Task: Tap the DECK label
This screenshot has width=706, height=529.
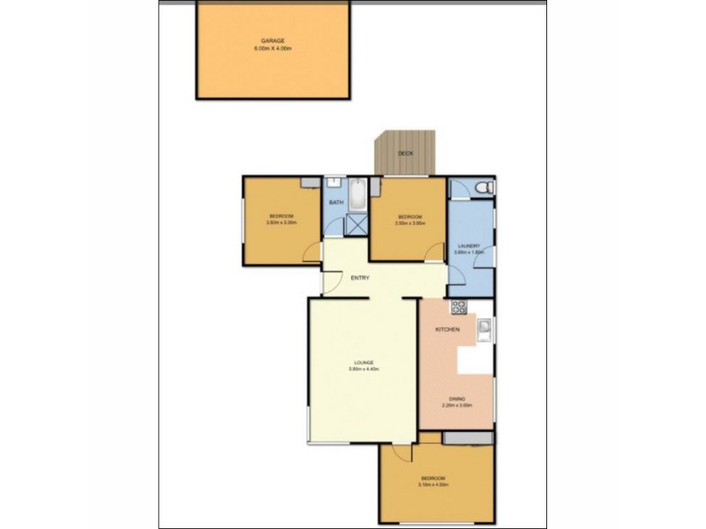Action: point(405,153)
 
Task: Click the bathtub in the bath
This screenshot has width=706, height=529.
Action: point(357,195)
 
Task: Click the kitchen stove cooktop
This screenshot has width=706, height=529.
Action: point(459,308)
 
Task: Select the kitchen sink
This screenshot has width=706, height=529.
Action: point(484,330)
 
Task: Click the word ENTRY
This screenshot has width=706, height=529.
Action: point(360,278)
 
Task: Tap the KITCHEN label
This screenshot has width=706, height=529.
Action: point(447,329)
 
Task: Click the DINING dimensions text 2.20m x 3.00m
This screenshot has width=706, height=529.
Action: point(457,406)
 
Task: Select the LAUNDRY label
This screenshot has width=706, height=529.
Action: point(469,246)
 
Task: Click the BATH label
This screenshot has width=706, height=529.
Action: point(335,204)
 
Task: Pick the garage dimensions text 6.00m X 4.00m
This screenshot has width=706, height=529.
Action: point(273,48)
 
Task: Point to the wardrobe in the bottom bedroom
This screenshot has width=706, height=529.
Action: point(467,438)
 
